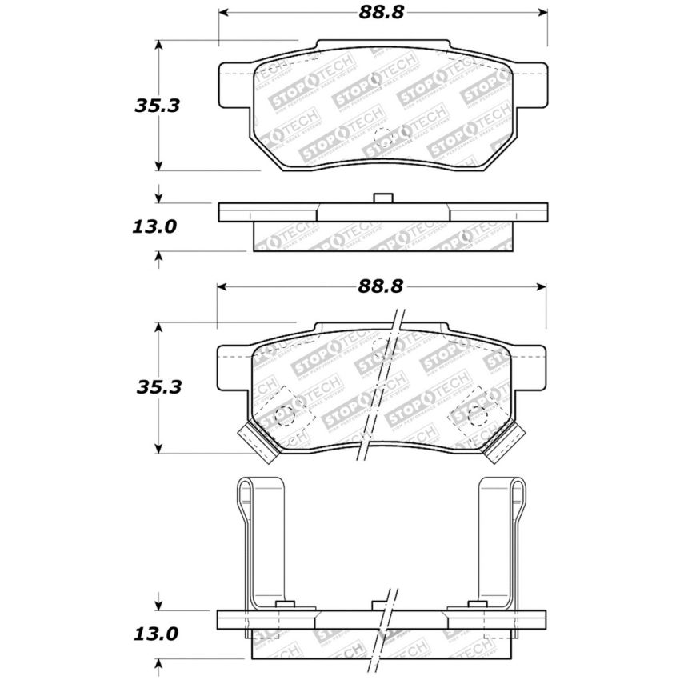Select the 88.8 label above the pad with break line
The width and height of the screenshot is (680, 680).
click(382, 286)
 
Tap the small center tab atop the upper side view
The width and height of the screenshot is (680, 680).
click(383, 198)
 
